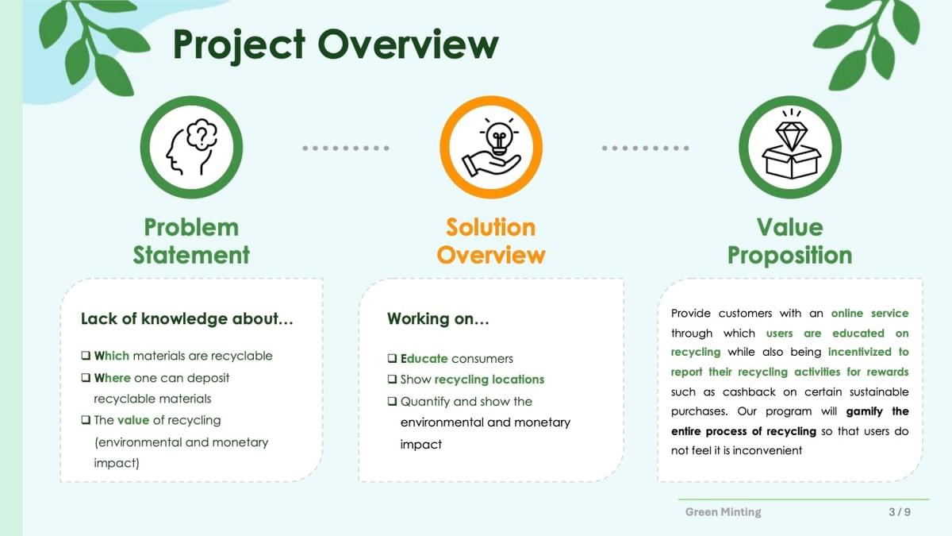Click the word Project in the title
tap(239, 45)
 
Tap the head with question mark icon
tap(192, 147)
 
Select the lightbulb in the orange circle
tap(499, 137)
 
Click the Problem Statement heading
tap(191, 241)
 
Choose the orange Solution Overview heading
tap(491, 241)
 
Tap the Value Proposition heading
tap(790, 241)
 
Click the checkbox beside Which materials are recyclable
tap(86, 355)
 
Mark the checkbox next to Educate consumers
tap(392, 358)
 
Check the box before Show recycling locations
tap(392, 379)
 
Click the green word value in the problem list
tap(133, 420)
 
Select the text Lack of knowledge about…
tap(187, 318)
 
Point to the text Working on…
tap(438, 318)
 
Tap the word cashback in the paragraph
tap(749, 391)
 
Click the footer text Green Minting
tap(724, 511)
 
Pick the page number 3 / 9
tap(900, 511)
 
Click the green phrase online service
tap(870, 314)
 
